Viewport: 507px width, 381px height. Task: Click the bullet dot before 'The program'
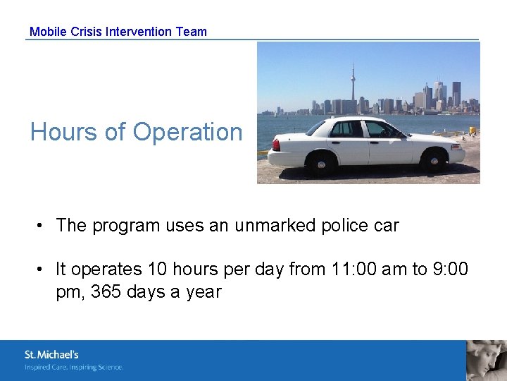point(42,226)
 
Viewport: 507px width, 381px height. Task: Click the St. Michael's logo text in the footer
point(51,355)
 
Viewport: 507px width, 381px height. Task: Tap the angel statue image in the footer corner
point(487,361)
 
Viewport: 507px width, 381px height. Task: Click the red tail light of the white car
point(276,145)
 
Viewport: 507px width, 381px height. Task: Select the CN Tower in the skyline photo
point(353,85)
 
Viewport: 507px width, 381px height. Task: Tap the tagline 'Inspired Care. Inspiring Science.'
point(74,367)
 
